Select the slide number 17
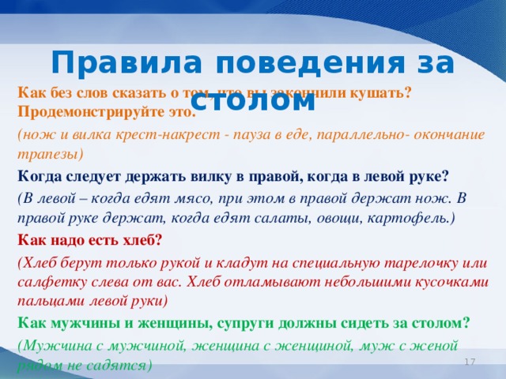point(469,361)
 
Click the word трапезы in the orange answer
point(48,155)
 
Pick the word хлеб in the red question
point(140,239)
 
